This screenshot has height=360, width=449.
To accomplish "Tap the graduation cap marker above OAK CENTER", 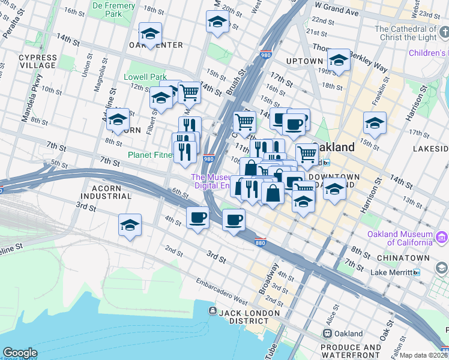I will tap(150, 32).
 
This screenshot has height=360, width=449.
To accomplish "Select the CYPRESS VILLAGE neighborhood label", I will tap(38, 62).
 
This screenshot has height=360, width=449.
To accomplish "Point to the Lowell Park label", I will tap(145, 77).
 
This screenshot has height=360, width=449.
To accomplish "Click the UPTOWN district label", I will tap(304, 61).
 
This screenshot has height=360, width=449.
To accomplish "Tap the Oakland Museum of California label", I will tap(402, 238).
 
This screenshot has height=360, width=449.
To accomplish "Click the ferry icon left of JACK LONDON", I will tap(212, 311).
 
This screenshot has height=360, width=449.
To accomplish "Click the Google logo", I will tap(20, 353).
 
